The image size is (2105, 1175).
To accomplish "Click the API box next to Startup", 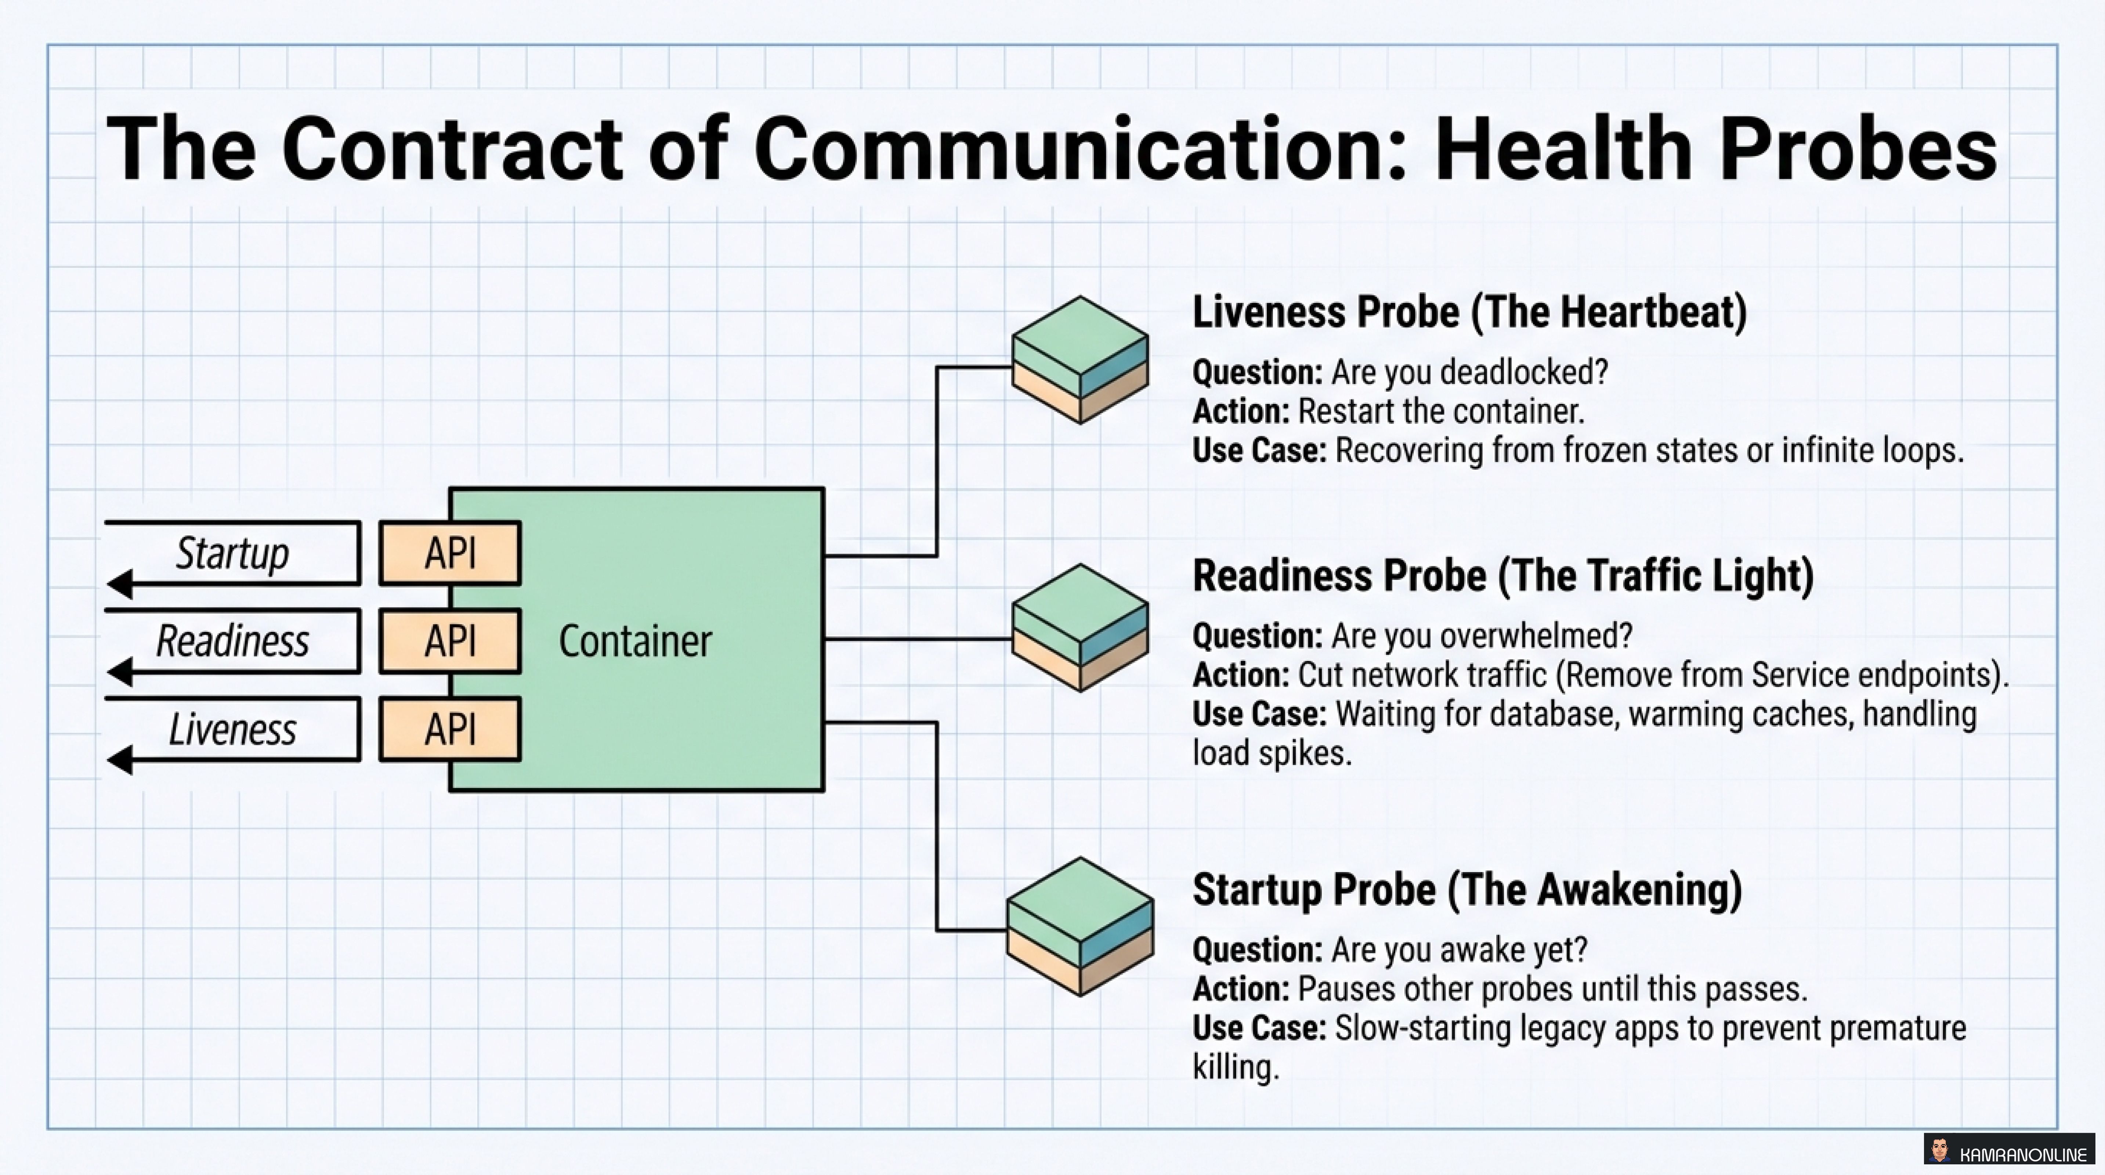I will coord(449,553).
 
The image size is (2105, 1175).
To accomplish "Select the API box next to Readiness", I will coord(449,641).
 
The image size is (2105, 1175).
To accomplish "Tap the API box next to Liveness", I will coord(449,729).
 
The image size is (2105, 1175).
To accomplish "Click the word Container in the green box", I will coord(635,641).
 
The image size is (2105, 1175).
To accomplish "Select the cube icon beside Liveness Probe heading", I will coord(1080,359).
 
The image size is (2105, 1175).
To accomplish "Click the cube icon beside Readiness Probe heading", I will coord(1080,628).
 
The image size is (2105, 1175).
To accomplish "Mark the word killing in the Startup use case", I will coord(1236,1067).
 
